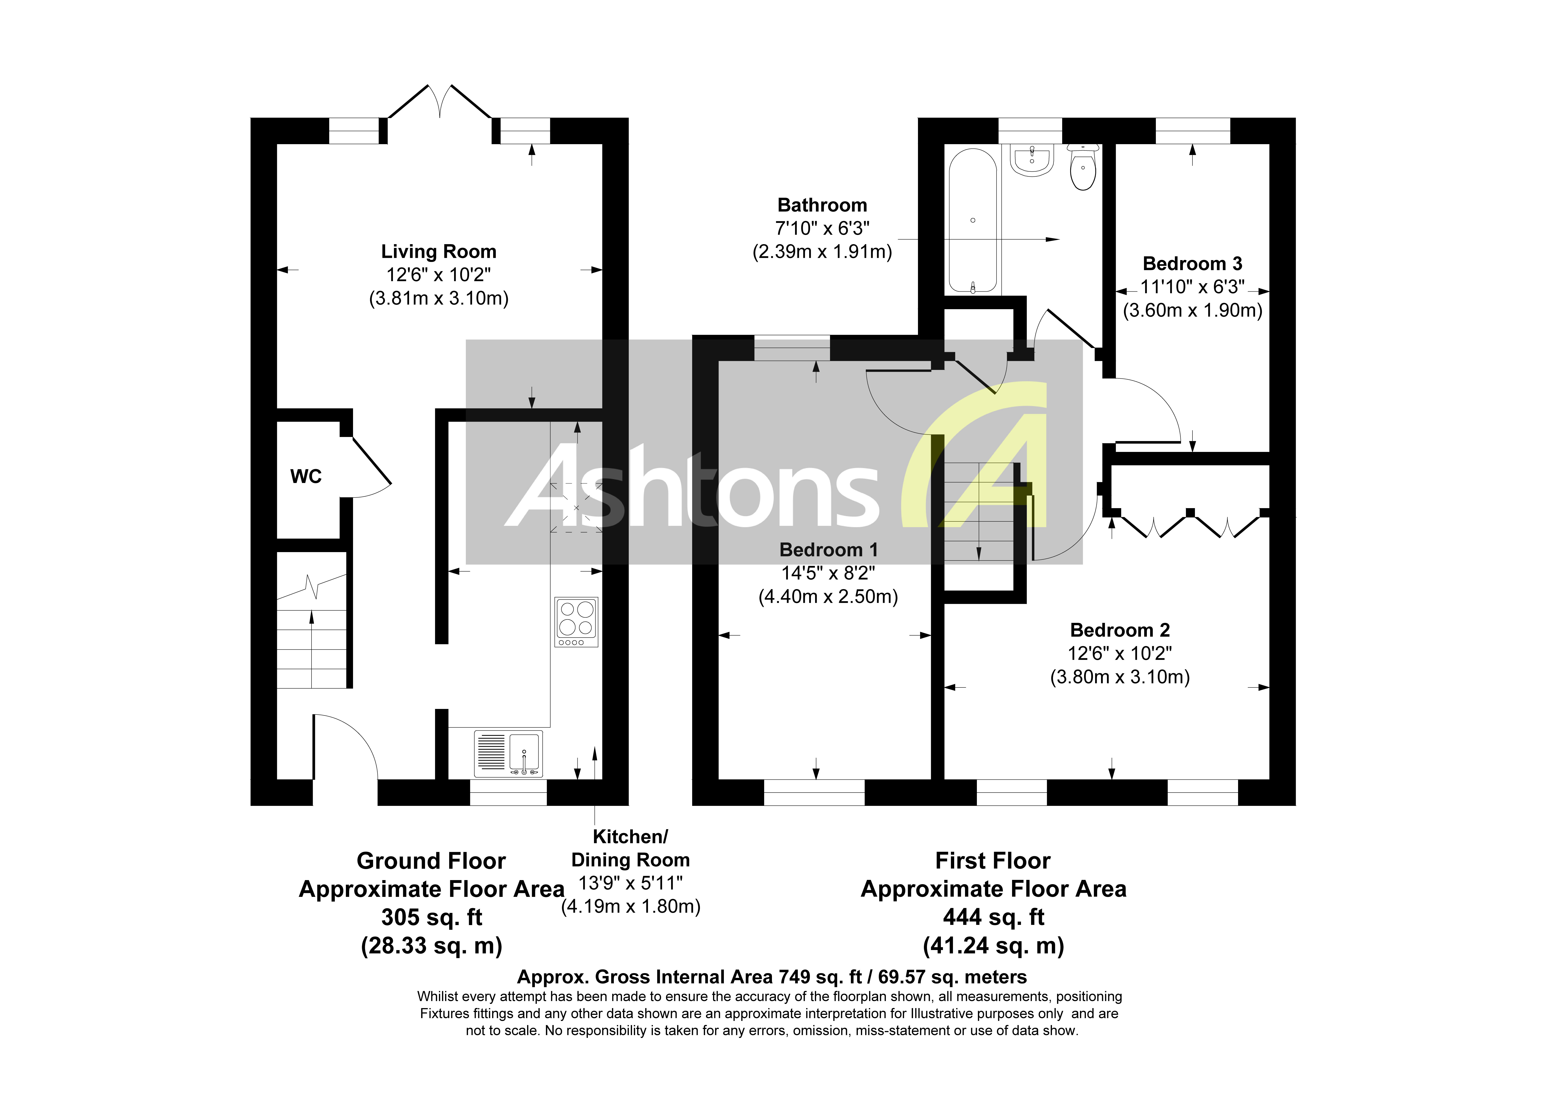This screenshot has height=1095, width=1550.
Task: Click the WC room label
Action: pos(306,477)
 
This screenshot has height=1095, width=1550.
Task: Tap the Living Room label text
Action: pos(439,252)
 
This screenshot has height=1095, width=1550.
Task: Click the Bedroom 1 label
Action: pos(828,550)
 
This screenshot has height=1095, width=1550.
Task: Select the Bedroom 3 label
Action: pos(1192,264)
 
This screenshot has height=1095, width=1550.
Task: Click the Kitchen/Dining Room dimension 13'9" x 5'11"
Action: pos(631,883)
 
